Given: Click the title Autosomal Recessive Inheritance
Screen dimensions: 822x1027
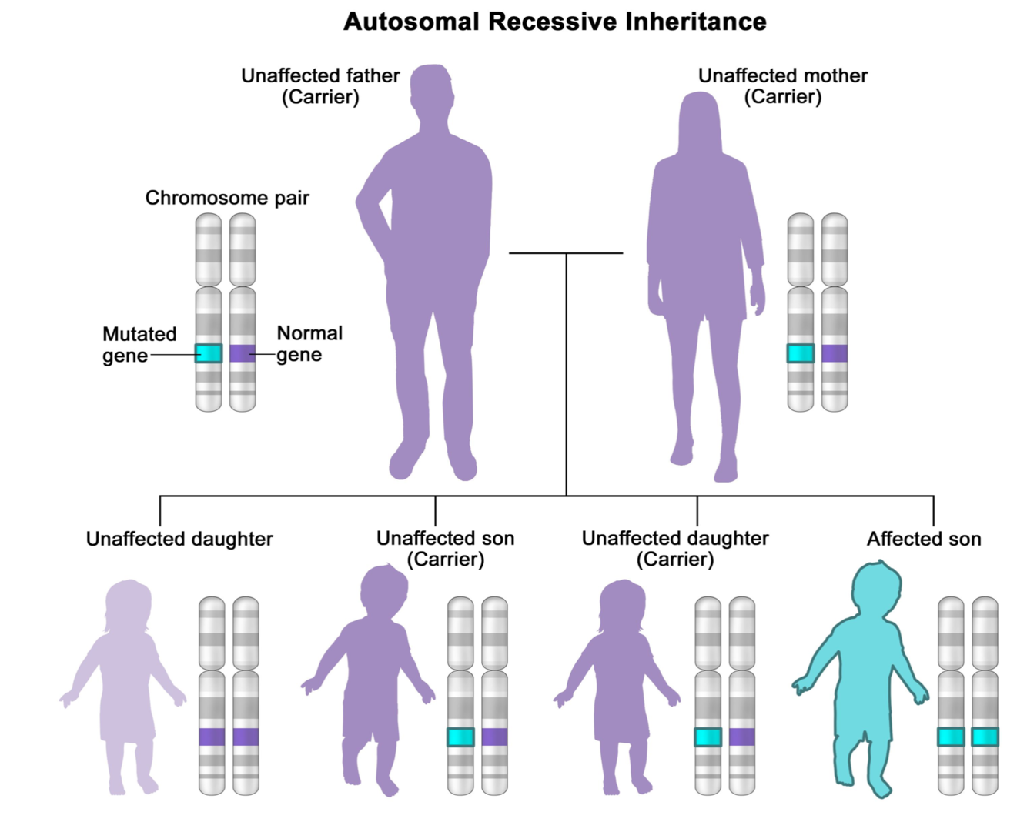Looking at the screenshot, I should tap(554, 22).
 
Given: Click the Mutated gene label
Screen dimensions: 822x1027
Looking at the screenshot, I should tap(139, 344).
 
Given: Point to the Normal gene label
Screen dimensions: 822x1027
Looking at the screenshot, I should tap(309, 343).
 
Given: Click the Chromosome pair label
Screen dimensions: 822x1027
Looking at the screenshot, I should tap(227, 198).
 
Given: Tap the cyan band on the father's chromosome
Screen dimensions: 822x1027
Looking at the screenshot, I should tap(209, 353).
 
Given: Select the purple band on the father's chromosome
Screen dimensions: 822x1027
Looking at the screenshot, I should tap(243, 353).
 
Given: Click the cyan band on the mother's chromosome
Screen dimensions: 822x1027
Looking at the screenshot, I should tap(801, 353).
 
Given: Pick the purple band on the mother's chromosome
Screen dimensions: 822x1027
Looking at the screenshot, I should tap(835, 353).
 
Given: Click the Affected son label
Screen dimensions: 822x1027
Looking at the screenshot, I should tap(924, 539).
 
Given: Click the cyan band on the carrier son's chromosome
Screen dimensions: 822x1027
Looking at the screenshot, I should tap(460, 737).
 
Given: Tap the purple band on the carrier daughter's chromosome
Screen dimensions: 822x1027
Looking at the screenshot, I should tap(742, 737).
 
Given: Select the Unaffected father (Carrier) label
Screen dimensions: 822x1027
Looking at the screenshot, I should tap(320, 86).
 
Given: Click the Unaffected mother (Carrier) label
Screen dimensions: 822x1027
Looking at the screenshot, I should tap(782, 86).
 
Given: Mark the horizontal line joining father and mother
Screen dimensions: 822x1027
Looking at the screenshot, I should tap(539, 253).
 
